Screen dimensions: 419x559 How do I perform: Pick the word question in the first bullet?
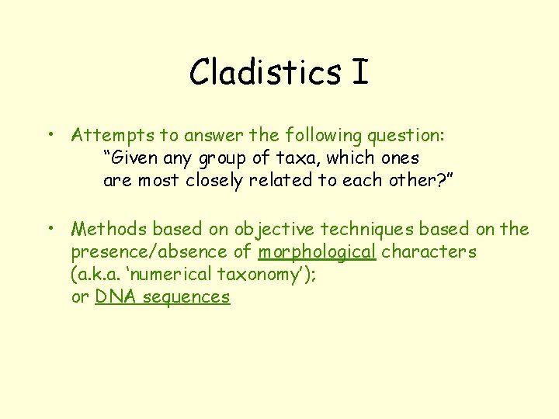coord(404,135)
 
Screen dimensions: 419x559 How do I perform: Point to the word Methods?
coord(109,229)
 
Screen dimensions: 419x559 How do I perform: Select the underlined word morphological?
coord(317,252)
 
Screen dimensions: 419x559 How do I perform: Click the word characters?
coord(429,252)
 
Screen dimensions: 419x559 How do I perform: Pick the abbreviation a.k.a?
coord(97,275)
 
